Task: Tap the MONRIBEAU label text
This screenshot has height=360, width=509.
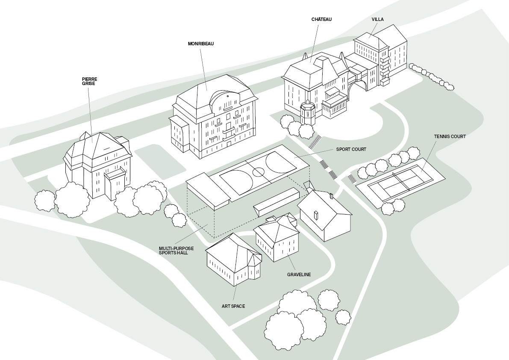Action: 200,44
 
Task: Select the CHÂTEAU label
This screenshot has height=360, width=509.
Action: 321,19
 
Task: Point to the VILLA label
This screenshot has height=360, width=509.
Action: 377,19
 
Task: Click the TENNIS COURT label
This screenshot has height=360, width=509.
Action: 450,136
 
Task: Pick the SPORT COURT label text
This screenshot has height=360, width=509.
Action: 351,150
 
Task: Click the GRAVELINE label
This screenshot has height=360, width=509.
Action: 299,274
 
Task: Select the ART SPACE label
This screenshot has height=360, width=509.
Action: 233,306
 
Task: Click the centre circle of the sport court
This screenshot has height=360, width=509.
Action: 259,172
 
